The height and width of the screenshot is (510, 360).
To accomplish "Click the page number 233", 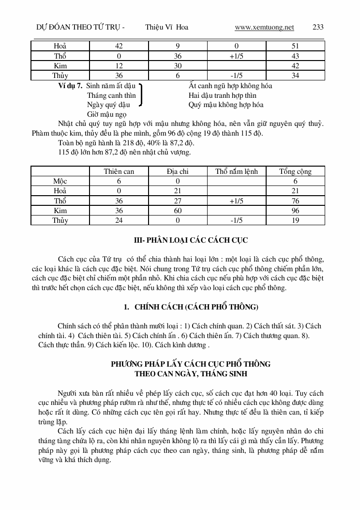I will point(318,27).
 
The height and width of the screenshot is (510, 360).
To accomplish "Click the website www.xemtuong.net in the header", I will point(264,27).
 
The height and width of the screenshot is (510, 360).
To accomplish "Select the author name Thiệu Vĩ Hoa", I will point(166,27).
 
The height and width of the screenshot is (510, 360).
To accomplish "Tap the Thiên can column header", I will point(119,171).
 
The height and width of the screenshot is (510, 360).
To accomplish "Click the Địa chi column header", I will point(178,171).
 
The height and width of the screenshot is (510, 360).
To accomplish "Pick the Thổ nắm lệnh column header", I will point(237,171).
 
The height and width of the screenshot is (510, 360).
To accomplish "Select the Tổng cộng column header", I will point(295,171).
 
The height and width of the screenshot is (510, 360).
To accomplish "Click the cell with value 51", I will point(295,46).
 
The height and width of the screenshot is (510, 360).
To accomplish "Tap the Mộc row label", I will point(60,181).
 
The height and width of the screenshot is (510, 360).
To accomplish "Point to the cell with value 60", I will point(178,211).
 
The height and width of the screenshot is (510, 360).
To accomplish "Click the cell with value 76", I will point(295,201).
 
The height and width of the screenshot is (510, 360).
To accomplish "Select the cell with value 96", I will point(295,211).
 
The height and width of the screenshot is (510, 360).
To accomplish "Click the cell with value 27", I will point(178,201).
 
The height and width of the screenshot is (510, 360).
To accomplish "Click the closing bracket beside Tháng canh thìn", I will point(140,95).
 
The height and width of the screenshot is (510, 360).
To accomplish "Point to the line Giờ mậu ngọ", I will point(107,114).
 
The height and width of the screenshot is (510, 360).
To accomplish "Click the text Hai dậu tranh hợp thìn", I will point(223,95).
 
